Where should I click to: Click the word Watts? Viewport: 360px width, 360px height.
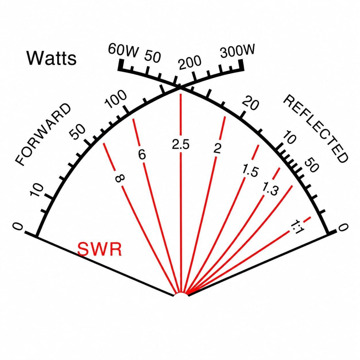click(52, 58)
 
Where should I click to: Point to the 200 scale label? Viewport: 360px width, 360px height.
click(190, 63)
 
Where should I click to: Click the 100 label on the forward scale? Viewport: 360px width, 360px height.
click(116, 99)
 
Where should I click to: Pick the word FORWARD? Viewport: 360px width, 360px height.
click(43, 134)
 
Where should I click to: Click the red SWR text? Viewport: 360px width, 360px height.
click(100, 249)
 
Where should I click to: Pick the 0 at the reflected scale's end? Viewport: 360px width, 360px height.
click(343, 228)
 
